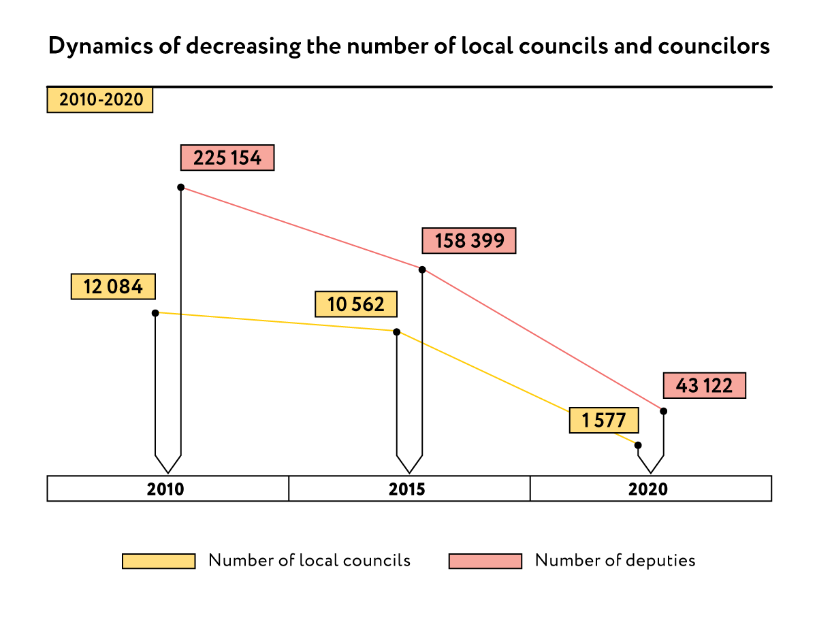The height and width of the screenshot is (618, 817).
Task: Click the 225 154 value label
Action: [227, 158]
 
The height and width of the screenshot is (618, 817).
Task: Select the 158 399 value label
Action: [469, 241]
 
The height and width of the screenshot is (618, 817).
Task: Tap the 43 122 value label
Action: [704, 386]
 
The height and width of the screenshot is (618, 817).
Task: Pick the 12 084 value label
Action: [113, 287]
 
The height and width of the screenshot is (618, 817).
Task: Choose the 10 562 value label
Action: [356, 304]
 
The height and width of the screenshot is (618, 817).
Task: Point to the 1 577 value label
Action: [604, 420]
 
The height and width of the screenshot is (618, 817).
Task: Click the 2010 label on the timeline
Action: [165, 489]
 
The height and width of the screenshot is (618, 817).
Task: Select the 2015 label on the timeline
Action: [407, 489]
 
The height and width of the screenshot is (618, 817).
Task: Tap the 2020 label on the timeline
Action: [648, 489]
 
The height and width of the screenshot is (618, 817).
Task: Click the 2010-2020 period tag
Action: [100, 100]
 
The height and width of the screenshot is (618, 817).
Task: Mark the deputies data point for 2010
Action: [181, 187]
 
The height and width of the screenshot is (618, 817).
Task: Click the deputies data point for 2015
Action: [423, 270]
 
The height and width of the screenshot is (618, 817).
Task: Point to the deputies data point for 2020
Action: [664, 411]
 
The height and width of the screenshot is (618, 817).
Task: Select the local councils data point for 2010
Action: [155, 313]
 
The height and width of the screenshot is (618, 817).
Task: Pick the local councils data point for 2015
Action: [397, 332]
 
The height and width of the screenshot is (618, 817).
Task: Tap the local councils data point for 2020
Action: [638, 445]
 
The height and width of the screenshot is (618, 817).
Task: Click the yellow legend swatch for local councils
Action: [159, 561]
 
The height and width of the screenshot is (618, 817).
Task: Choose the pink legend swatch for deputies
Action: [485, 561]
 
